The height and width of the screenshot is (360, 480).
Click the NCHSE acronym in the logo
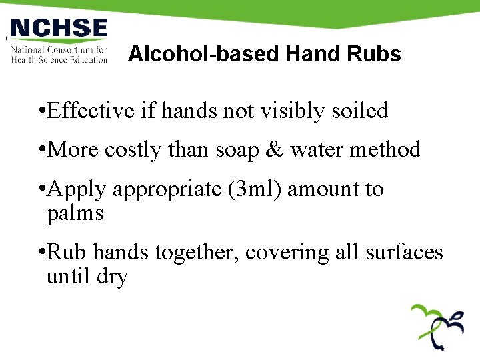point(59,29)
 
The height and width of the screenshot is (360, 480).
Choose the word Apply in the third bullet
point(77,189)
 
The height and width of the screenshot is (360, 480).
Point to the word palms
point(75,214)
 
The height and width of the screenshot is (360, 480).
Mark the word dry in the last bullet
point(112,276)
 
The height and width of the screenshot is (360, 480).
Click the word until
point(68,276)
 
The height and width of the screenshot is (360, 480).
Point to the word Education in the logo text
point(85,60)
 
